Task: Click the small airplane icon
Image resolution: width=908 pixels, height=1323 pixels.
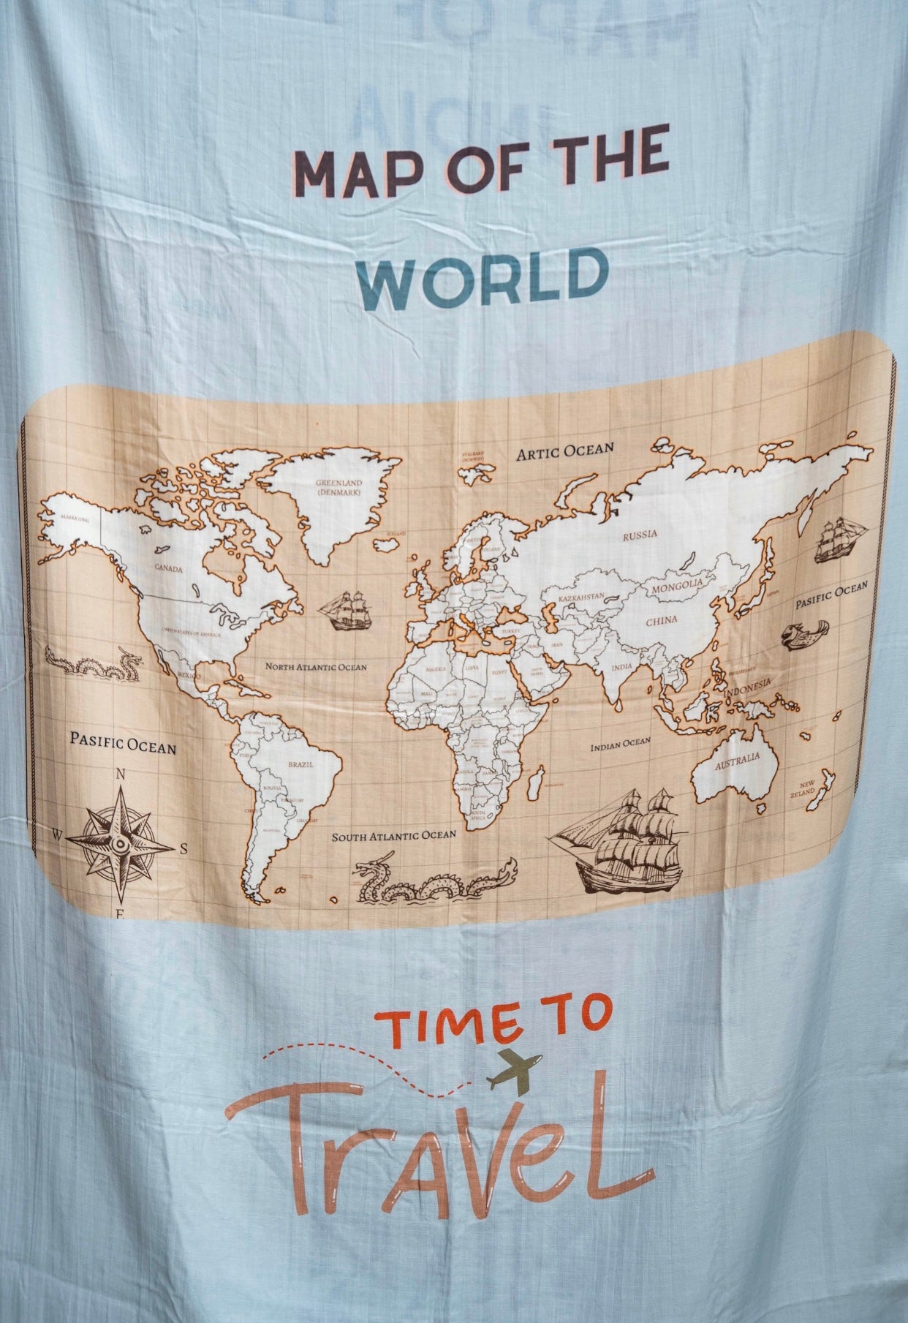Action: click(x=514, y=1073)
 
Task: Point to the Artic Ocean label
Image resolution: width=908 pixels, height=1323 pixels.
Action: click(x=565, y=450)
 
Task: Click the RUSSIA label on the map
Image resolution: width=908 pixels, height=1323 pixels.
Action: click(x=640, y=534)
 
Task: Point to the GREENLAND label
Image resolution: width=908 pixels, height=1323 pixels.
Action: click(x=339, y=487)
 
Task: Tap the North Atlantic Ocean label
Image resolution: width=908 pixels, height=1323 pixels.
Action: click(x=316, y=666)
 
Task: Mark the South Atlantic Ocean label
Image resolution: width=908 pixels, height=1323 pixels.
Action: click(x=393, y=834)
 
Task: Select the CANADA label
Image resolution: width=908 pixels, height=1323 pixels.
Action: click(x=168, y=567)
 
